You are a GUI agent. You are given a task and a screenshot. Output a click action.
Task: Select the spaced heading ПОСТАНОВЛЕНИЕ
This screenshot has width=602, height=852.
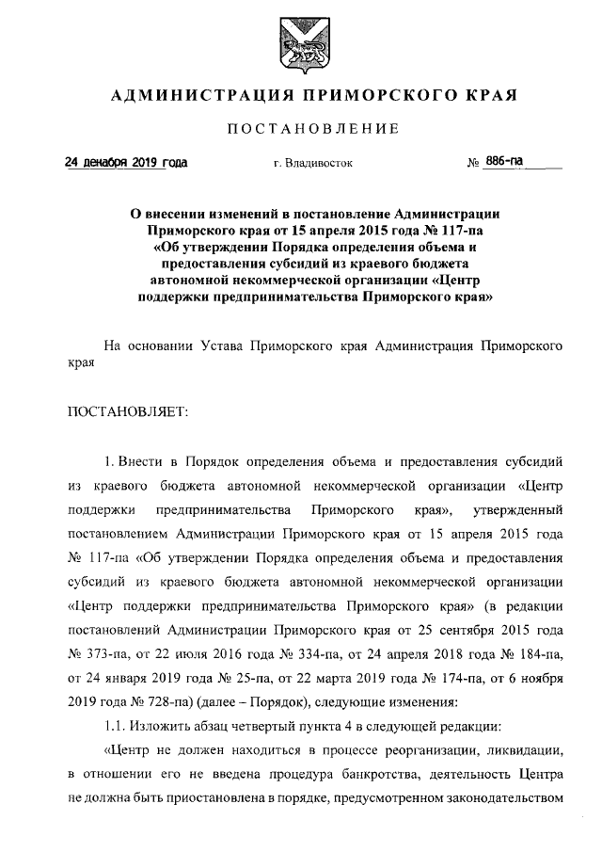300,129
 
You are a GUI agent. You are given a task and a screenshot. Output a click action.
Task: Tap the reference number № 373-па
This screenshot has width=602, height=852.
98,651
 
